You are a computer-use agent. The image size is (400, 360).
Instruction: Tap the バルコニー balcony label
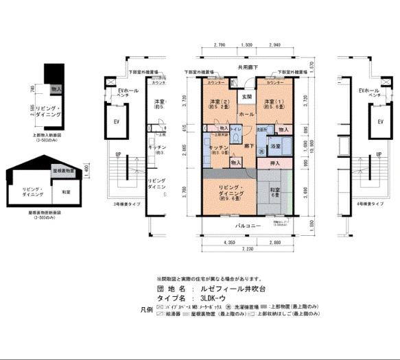246,225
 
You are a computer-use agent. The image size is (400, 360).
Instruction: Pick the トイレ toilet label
235,128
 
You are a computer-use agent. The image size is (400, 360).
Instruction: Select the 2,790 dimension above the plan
220,45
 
